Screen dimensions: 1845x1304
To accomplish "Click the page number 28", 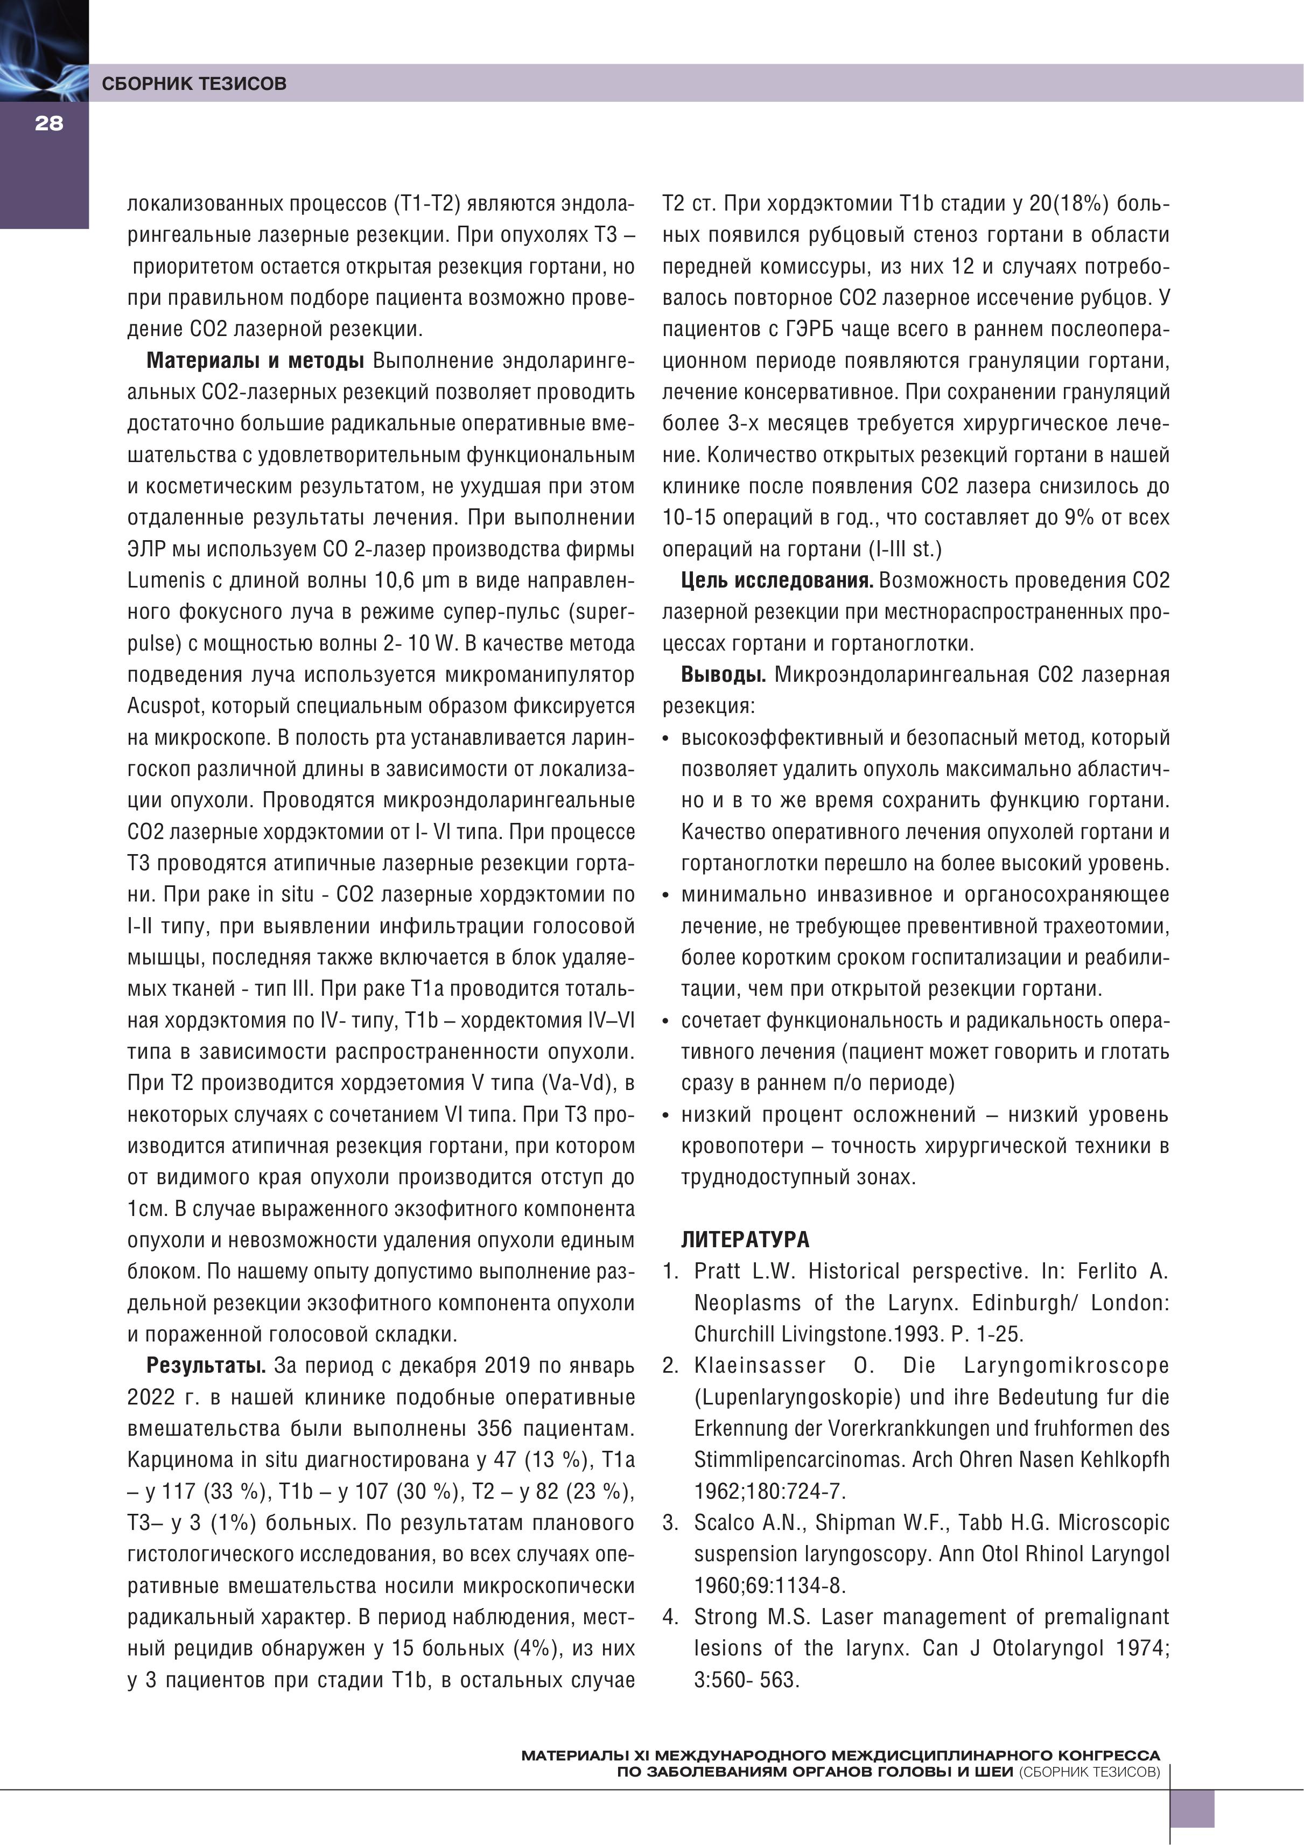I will (48, 124).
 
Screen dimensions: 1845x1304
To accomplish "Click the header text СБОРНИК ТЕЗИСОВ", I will (194, 83).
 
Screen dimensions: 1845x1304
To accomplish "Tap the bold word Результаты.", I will (206, 1365).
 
